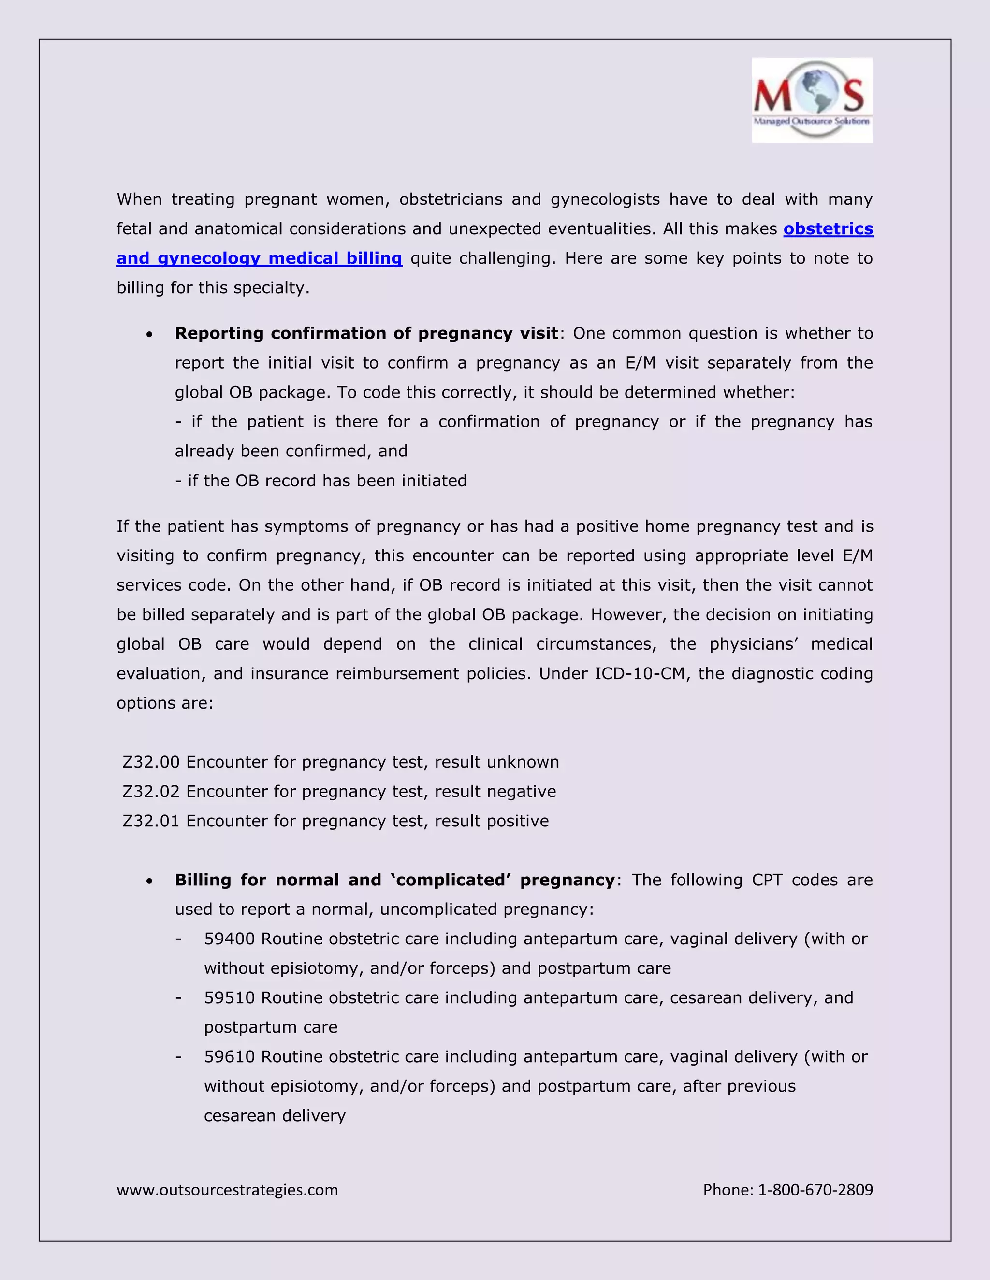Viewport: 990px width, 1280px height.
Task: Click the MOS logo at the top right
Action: tap(812, 100)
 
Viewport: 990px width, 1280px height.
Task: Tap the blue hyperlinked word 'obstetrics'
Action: tap(828, 228)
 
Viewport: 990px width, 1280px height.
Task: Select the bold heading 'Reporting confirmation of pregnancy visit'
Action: tap(366, 333)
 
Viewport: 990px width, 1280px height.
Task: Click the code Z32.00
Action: tap(151, 762)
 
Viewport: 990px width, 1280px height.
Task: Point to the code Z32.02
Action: tap(151, 791)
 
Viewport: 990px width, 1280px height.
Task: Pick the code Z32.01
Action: tap(151, 821)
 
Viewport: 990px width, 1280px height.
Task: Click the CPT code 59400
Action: tap(229, 939)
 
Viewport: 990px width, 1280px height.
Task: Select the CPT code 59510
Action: tap(229, 997)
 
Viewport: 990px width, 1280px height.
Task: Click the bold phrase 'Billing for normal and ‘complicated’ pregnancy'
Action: tap(395, 880)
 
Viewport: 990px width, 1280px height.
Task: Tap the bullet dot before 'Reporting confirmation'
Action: tap(150, 335)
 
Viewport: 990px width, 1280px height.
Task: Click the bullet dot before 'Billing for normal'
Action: tap(150, 881)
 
